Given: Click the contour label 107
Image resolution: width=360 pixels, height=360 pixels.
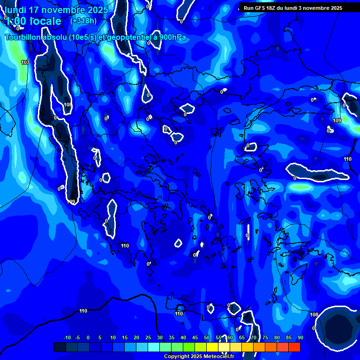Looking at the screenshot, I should (25, 62).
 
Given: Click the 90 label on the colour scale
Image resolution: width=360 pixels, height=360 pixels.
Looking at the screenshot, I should (300, 337).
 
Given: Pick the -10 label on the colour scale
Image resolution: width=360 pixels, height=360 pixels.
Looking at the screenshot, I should (67, 337).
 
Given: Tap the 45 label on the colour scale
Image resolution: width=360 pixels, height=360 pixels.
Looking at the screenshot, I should (195, 337).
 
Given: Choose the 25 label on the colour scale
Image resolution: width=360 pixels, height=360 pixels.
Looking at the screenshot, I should (148, 337).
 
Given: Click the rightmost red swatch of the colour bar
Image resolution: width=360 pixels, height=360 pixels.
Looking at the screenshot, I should (294, 347).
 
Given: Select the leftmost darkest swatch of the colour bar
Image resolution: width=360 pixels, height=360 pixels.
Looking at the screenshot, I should (60, 347).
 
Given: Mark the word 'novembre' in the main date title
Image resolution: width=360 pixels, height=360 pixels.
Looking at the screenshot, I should (65, 10).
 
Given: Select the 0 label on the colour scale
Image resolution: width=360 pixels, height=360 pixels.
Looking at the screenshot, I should (88, 337).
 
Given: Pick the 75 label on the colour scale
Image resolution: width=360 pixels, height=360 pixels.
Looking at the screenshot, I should (265, 337).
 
